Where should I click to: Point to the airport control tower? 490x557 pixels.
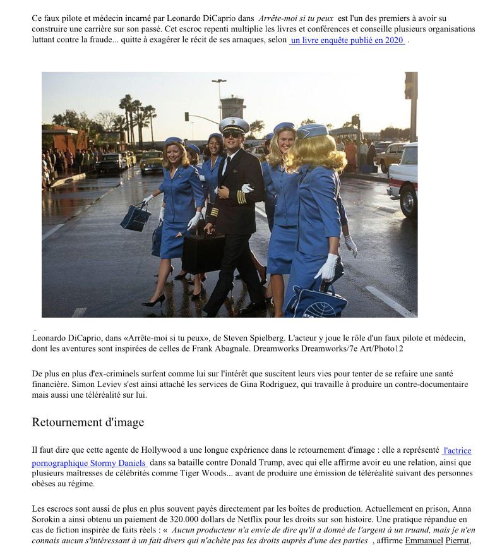pyautogui.click(x=233, y=107)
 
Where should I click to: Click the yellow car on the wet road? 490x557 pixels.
pyautogui.click(x=152, y=162)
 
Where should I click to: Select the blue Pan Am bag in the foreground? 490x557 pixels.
pyautogui.click(x=316, y=302)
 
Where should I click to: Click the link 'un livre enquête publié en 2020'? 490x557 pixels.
pyautogui.click(x=347, y=40)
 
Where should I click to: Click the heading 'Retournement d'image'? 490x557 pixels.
pyautogui.click(x=88, y=422)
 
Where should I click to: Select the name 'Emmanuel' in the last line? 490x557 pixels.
pyautogui.click(x=424, y=541)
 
